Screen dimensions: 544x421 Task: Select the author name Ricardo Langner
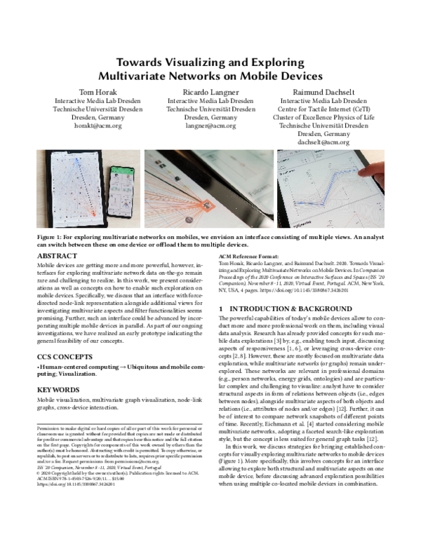click(210, 92)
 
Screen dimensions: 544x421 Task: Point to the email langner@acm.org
click(210, 125)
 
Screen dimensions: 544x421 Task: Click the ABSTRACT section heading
click(57, 257)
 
